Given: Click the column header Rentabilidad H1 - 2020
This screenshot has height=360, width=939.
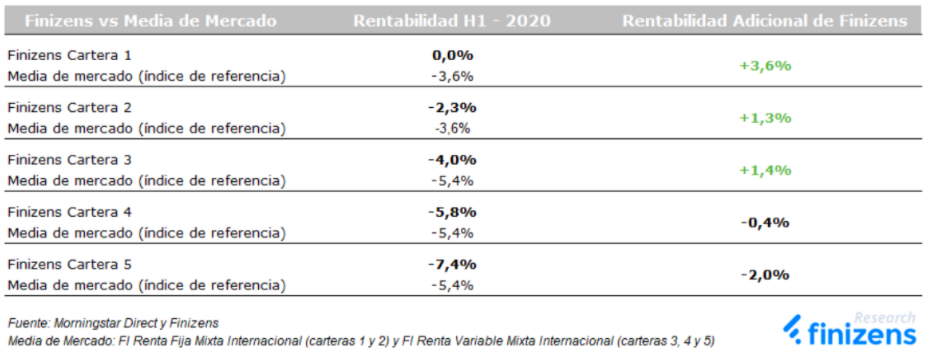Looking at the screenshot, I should (x=451, y=20).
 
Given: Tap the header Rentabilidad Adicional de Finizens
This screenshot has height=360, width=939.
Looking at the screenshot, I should (x=765, y=20).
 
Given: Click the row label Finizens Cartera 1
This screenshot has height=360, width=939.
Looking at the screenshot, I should (x=68, y=55).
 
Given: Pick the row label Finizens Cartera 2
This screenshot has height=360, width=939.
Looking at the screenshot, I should (x=68, y=107).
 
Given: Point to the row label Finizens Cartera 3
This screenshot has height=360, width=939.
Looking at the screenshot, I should (x=68, y=160).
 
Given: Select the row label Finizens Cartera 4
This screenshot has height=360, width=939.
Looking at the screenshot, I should (x=68, y=212).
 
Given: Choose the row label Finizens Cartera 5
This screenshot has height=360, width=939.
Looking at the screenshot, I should (x=68, y=265).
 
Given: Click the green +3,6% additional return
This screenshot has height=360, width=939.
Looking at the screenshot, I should (x=765, y=65).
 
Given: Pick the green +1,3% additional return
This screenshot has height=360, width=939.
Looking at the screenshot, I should (x=765, y=117).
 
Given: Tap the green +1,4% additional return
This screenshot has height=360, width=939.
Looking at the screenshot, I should (x=765, y=170).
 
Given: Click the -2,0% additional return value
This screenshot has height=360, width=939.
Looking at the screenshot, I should (x=765, y=275).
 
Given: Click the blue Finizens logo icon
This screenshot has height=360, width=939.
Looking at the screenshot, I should (x=793, y=330).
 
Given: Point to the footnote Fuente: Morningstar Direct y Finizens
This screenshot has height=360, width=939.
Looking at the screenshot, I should (x=112, y=322).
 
